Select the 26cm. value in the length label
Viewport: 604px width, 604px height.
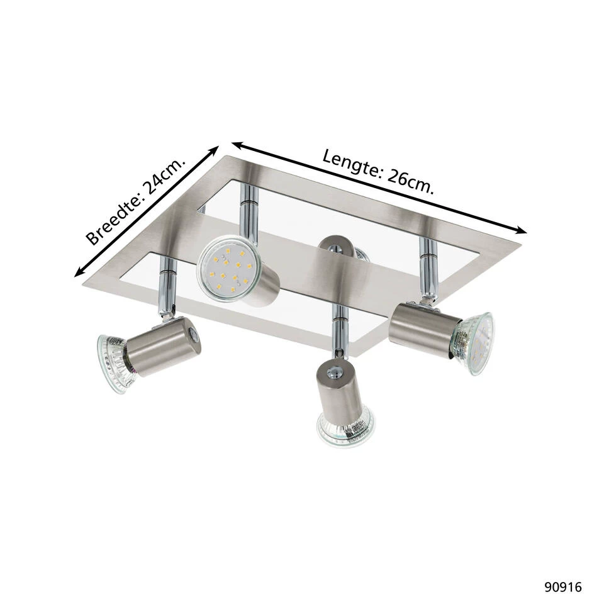tap(411, 182)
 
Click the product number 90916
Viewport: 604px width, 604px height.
tap(562, 587)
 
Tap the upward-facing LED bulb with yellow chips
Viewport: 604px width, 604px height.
tap(227, 271)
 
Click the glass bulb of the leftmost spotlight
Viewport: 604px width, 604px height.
tap(116, 363)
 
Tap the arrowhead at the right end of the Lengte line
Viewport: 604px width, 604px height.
tap(521, 230)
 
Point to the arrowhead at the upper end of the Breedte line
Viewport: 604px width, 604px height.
tap(213, 150)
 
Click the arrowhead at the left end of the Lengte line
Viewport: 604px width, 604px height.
tap(237, 145)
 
